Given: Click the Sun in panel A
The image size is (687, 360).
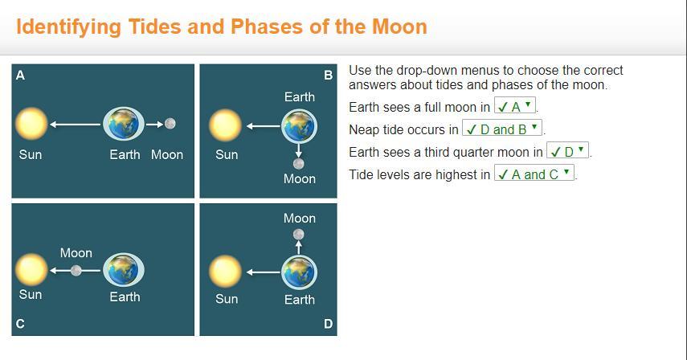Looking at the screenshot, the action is pos(31,124).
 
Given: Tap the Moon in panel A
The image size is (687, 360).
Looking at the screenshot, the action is pos(170,124).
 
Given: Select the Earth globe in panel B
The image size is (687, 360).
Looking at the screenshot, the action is pos(299,126).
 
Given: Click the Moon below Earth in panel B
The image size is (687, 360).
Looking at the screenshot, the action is pos(299,164).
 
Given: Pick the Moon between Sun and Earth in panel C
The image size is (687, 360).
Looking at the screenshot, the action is pos(76,271).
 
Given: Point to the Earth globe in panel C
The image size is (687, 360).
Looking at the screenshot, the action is pos(124,270).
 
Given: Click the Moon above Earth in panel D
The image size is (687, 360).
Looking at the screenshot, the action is pos(299,235).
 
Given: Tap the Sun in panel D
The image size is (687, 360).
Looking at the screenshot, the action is pos(225,272).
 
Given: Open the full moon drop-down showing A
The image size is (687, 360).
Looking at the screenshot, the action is pos(515,106).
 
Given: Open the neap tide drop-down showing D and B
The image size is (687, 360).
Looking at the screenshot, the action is pos(502,129).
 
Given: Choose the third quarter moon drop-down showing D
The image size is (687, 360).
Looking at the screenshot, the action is pos(567,151).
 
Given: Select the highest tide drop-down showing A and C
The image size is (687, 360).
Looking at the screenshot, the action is pos(534,174).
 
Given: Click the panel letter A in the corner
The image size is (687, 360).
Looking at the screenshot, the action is pos(20,76).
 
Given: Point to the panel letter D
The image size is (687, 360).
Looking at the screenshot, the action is pos(328,324).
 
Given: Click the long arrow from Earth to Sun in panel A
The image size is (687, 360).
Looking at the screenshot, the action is pos(76,125).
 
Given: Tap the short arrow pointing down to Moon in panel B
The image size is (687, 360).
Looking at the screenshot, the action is pos(299,150).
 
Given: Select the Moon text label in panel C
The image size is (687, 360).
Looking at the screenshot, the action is pos(76,252).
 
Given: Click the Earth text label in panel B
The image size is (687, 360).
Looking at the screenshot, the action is pos(300,96).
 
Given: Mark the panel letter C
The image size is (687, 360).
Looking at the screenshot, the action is pos(20,324).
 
